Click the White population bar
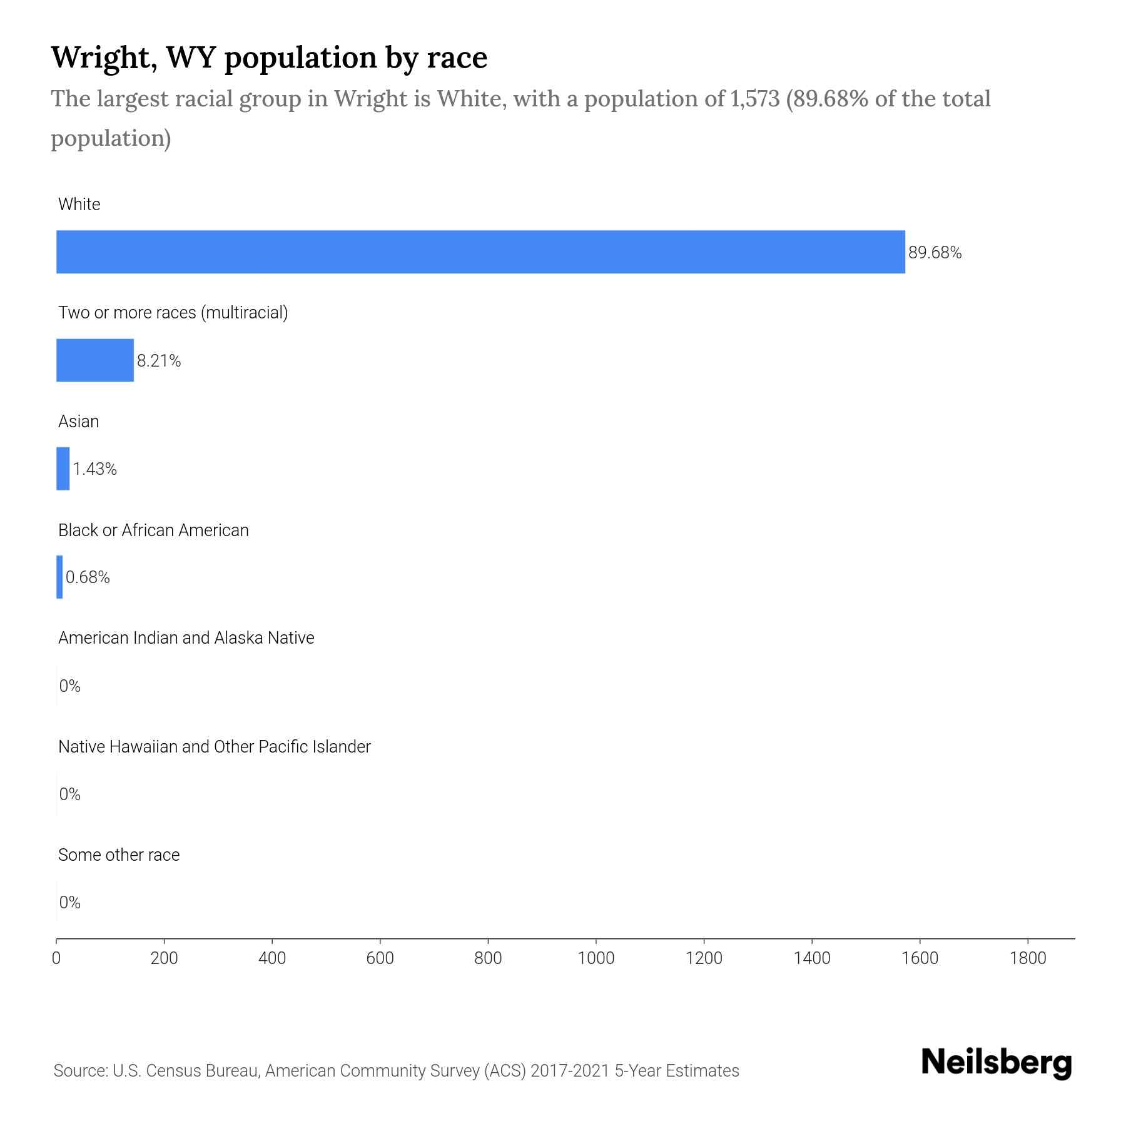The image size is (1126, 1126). pos(480,251)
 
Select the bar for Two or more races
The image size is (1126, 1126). pos(95,360)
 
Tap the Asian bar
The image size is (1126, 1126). pos(63,469)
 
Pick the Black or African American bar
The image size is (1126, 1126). pos(59,577)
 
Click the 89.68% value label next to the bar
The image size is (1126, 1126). pos(935,253)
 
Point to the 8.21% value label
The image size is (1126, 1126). pos(159,361)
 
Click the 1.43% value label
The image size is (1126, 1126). pos(95,469)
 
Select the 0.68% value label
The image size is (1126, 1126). pos(88,577)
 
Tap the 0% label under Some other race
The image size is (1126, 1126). pos(69,902)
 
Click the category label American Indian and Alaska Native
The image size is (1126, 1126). pos(186,638)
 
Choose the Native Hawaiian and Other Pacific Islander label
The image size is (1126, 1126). pos(214,747)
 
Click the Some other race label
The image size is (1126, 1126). pos(119,855)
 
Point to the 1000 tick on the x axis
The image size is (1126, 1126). pos(596,958)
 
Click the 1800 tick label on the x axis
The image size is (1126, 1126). pos(1028,958)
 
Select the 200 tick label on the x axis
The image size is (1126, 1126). pos(164,958)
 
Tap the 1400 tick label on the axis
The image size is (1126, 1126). pos(812,958)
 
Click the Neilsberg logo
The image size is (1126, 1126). pos(997,1063)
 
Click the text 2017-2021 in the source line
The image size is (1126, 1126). pos(570,1071)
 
